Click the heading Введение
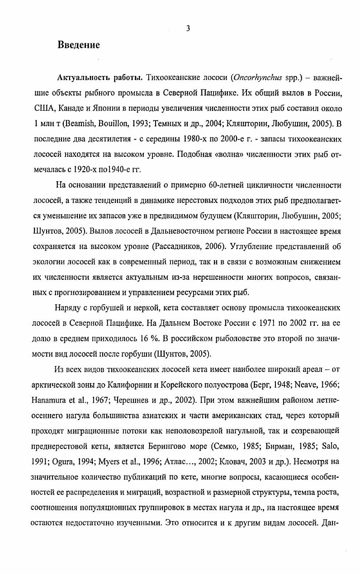point(78,45)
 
